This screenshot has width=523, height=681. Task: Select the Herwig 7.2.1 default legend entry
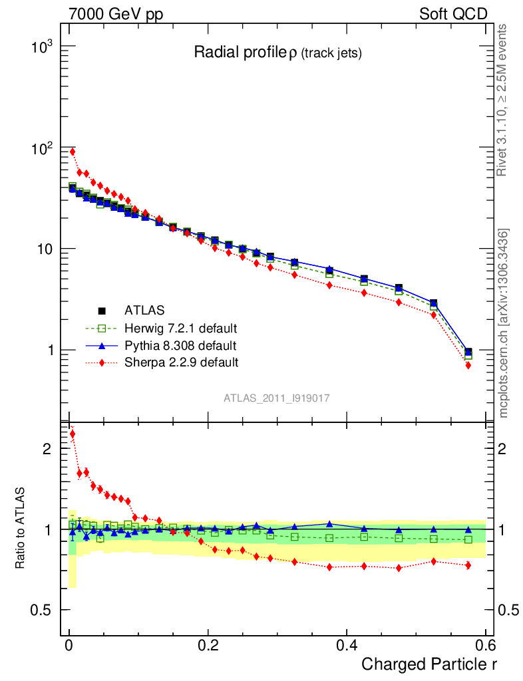coord(180,328)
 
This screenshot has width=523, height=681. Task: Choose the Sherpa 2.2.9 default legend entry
coord(181,362)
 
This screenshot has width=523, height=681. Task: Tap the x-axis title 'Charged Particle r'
coord(429,664)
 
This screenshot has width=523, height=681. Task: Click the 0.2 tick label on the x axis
coord(208,646)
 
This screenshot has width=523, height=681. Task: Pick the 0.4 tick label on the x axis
coord(347,646)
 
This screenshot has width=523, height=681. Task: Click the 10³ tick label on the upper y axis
coord(43,47)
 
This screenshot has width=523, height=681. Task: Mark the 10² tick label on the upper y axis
coord(43,148)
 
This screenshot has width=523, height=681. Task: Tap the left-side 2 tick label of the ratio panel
coord(47,449)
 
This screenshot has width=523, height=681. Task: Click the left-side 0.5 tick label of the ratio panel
coord(41,610)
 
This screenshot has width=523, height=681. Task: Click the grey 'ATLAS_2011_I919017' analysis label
coord(277,398)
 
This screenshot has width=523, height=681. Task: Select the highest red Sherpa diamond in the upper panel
coord(73,152)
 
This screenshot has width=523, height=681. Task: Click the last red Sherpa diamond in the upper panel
coord(468,365)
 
